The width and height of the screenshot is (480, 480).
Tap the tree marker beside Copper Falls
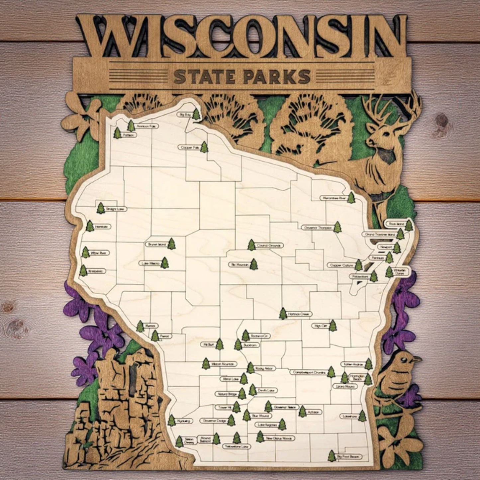[204, 147]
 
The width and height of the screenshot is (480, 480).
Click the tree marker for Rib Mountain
[254, 264]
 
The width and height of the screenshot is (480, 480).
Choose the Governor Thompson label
[317, 228]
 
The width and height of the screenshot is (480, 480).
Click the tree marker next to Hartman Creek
[283, 314]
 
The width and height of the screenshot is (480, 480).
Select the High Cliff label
[320, 326]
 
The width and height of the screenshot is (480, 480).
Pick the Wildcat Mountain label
[223, 364]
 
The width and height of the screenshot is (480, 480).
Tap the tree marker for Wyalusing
[171, 420]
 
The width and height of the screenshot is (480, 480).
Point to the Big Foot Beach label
[348, 457]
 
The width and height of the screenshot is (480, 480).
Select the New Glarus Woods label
[280, 438]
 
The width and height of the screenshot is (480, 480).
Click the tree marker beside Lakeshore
[362, 416]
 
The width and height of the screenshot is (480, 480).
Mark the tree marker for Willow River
[86, 252]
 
